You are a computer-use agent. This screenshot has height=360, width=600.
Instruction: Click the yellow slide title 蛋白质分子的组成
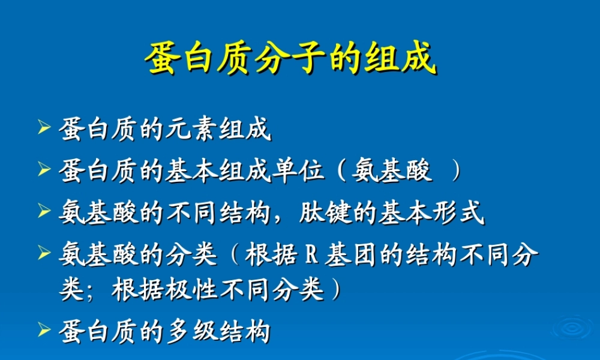(290, 58)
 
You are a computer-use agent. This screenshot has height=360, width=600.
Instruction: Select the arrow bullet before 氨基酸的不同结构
(43, 211)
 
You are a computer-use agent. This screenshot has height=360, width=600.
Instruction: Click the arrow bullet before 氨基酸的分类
(43, 253)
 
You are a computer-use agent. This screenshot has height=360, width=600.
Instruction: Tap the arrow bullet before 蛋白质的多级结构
(43, 329)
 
